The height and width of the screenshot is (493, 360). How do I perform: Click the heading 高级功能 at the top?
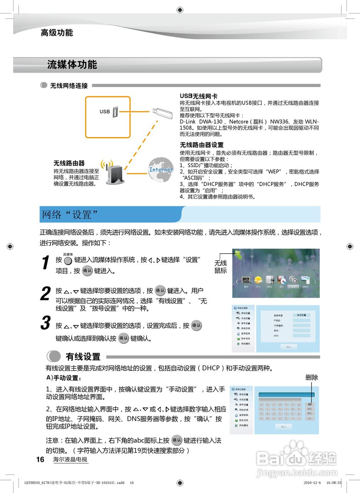[57, 33]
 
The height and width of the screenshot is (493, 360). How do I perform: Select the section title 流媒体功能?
[72, 64]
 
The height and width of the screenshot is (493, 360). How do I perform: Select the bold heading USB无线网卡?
[199, 96]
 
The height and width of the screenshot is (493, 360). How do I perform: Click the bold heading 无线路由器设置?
[202, 145]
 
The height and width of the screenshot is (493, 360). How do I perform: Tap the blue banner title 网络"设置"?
[70, 215]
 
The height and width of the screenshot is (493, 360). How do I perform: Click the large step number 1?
[45, 263]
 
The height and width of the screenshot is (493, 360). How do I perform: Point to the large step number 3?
[45, 323]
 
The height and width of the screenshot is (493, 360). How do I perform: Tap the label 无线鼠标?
[220, 267]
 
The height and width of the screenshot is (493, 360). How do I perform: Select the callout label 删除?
[311, 377]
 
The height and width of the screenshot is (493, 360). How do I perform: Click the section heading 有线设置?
[83, 357]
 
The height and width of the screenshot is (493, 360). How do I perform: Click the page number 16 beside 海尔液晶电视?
[40, 459]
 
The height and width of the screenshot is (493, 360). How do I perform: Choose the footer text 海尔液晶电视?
[70, 459]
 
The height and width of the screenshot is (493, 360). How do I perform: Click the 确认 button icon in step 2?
[160, 290]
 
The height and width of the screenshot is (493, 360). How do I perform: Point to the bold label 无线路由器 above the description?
[69, 163]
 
